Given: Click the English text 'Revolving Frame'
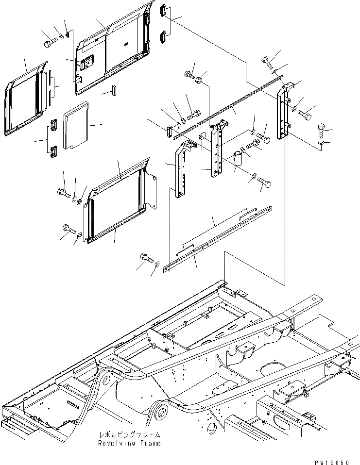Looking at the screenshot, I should (129, 443).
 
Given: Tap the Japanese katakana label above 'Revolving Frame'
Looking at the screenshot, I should (130, 435).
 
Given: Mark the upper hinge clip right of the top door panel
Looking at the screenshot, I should (164, 10).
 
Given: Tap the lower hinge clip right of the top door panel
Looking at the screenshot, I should (164, 36).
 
